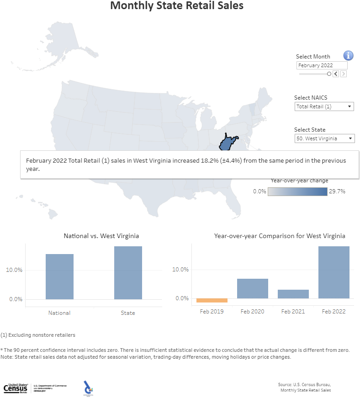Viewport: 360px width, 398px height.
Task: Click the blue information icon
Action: coord(348,56)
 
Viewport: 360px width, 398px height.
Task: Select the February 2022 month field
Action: coord(322,65)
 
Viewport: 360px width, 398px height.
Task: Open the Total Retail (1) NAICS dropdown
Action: coord(324,106)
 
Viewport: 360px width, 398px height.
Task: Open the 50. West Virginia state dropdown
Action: coord(324,138)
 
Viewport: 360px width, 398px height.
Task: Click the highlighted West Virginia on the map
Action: coord(227,143)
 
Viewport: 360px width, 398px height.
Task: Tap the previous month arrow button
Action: coord(335,74)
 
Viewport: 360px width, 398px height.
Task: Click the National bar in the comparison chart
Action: coord(59,276)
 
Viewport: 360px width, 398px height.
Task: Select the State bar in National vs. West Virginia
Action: coord(128,273)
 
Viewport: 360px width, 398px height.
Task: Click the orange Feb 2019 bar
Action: coord(212,300)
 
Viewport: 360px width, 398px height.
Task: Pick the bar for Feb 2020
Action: coord(252,288)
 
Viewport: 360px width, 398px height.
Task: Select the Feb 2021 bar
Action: coord(293,294)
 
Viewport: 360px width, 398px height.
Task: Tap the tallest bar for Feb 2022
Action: coord(334,272)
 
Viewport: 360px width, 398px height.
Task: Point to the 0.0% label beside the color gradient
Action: coord(259,191)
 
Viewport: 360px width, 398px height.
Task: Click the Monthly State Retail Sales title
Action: coord(177,6)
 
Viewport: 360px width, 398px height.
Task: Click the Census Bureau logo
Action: coord(16,388)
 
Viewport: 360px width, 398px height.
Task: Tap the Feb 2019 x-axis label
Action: coord(212,311)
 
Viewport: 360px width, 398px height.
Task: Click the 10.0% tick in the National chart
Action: coord(14,270)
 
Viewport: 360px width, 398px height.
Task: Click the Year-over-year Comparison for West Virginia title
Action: coord(280,236)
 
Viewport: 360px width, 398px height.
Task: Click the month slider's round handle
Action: coord(329,74)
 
